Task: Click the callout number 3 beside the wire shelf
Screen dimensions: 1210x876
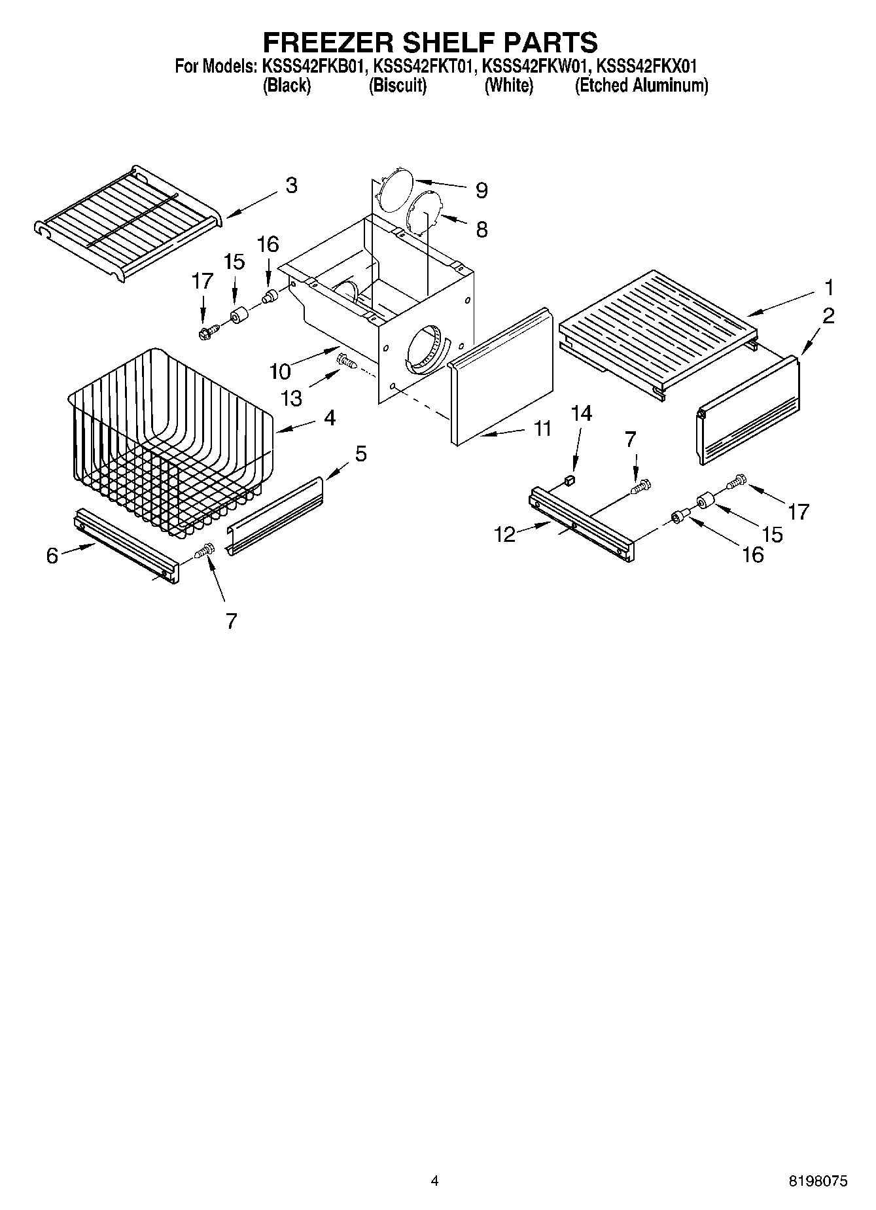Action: (291, 185)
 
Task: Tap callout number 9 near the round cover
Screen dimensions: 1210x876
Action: (482, 190)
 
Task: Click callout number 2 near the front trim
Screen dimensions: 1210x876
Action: (828, 316)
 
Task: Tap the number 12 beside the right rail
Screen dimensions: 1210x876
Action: (504, 535)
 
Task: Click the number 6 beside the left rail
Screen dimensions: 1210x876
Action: (52, 556)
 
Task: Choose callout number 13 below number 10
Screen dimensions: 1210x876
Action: (292, 398)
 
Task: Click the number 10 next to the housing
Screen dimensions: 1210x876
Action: (279, 371)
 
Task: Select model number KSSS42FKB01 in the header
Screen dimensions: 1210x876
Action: (312, 66)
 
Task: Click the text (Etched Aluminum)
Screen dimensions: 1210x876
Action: (641, 86)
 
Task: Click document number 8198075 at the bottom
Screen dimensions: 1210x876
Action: (818, 1181)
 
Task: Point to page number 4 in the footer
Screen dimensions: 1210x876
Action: (434, 1181)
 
